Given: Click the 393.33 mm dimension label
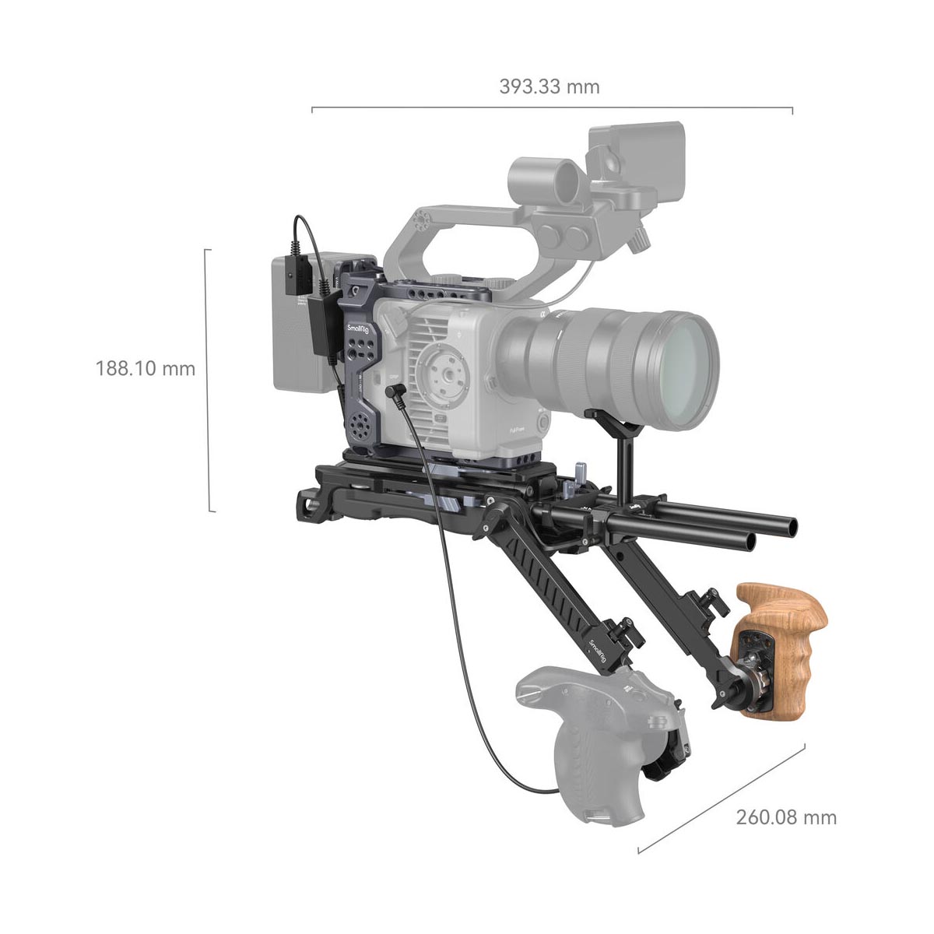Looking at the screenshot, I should (550, 86).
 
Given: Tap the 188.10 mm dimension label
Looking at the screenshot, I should (146, 367).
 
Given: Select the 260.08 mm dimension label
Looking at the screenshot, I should (786, 817).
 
